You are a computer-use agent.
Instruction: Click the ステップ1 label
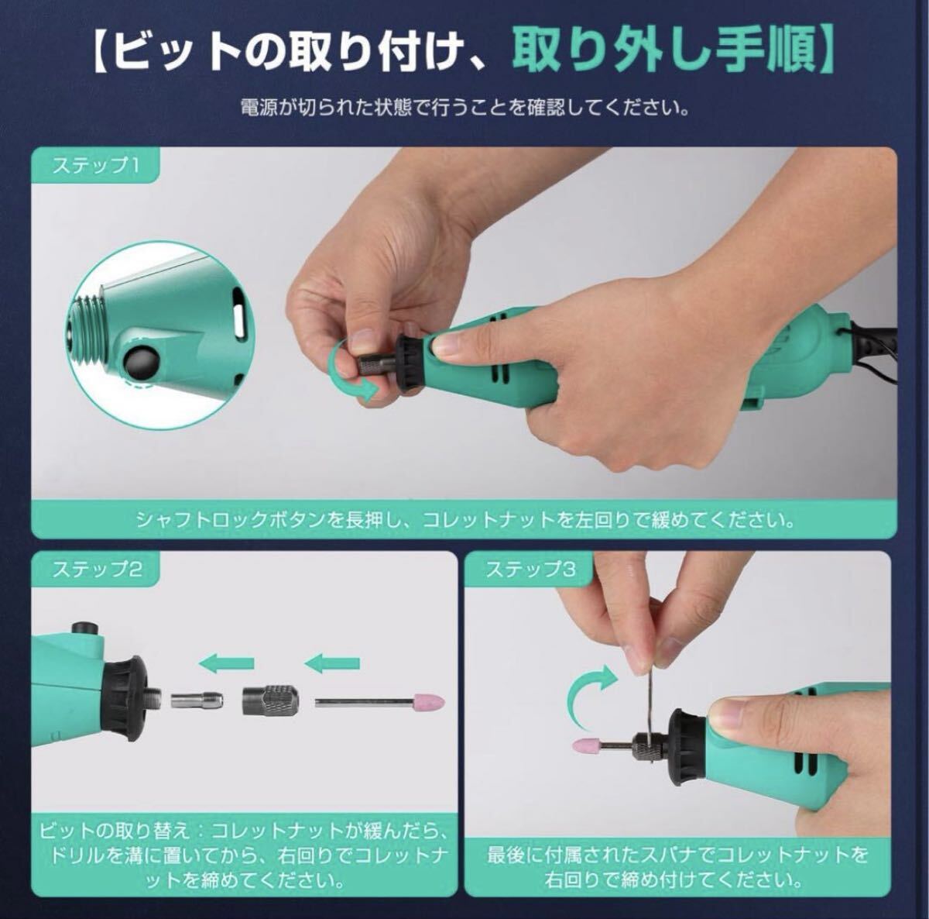click(x=95, y=165)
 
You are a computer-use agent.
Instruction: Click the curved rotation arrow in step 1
click(x=352, y=372)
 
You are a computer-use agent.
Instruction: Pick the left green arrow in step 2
click(x=227, y=663)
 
